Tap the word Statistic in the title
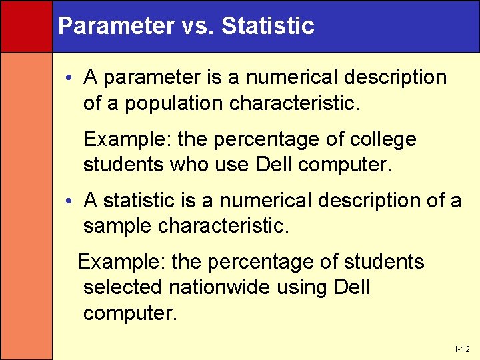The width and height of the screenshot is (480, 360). pos(267,26)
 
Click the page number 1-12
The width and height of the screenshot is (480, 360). pos(462,349)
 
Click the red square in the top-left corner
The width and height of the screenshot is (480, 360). pos(26,26)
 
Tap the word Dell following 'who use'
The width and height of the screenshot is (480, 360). pos(275,164)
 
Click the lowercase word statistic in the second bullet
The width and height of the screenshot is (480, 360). pos(143,201)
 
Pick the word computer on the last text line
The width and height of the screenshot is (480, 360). pos(130,313)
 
